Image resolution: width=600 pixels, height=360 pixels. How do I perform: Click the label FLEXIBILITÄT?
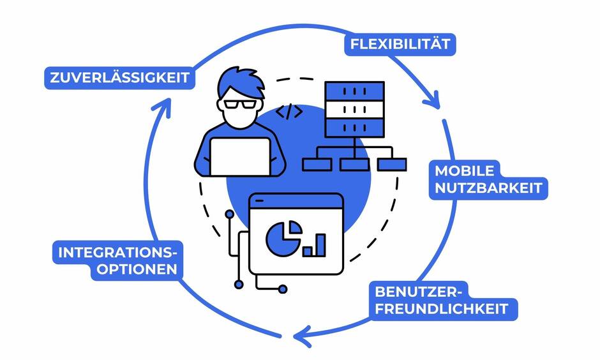coord(400,45)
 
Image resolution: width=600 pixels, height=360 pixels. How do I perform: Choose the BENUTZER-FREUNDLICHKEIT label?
coord(442,301)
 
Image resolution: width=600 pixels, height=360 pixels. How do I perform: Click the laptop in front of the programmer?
coord(240,157)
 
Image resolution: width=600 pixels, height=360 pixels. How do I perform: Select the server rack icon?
coord(354,109)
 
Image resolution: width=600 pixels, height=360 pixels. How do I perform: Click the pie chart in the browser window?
coord(281,237)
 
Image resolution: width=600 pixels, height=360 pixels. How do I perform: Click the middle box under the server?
coord(354,165)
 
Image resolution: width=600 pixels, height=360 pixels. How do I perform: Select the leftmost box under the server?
coord(317,165)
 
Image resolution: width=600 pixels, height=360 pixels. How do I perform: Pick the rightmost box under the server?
coord(391,165)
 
